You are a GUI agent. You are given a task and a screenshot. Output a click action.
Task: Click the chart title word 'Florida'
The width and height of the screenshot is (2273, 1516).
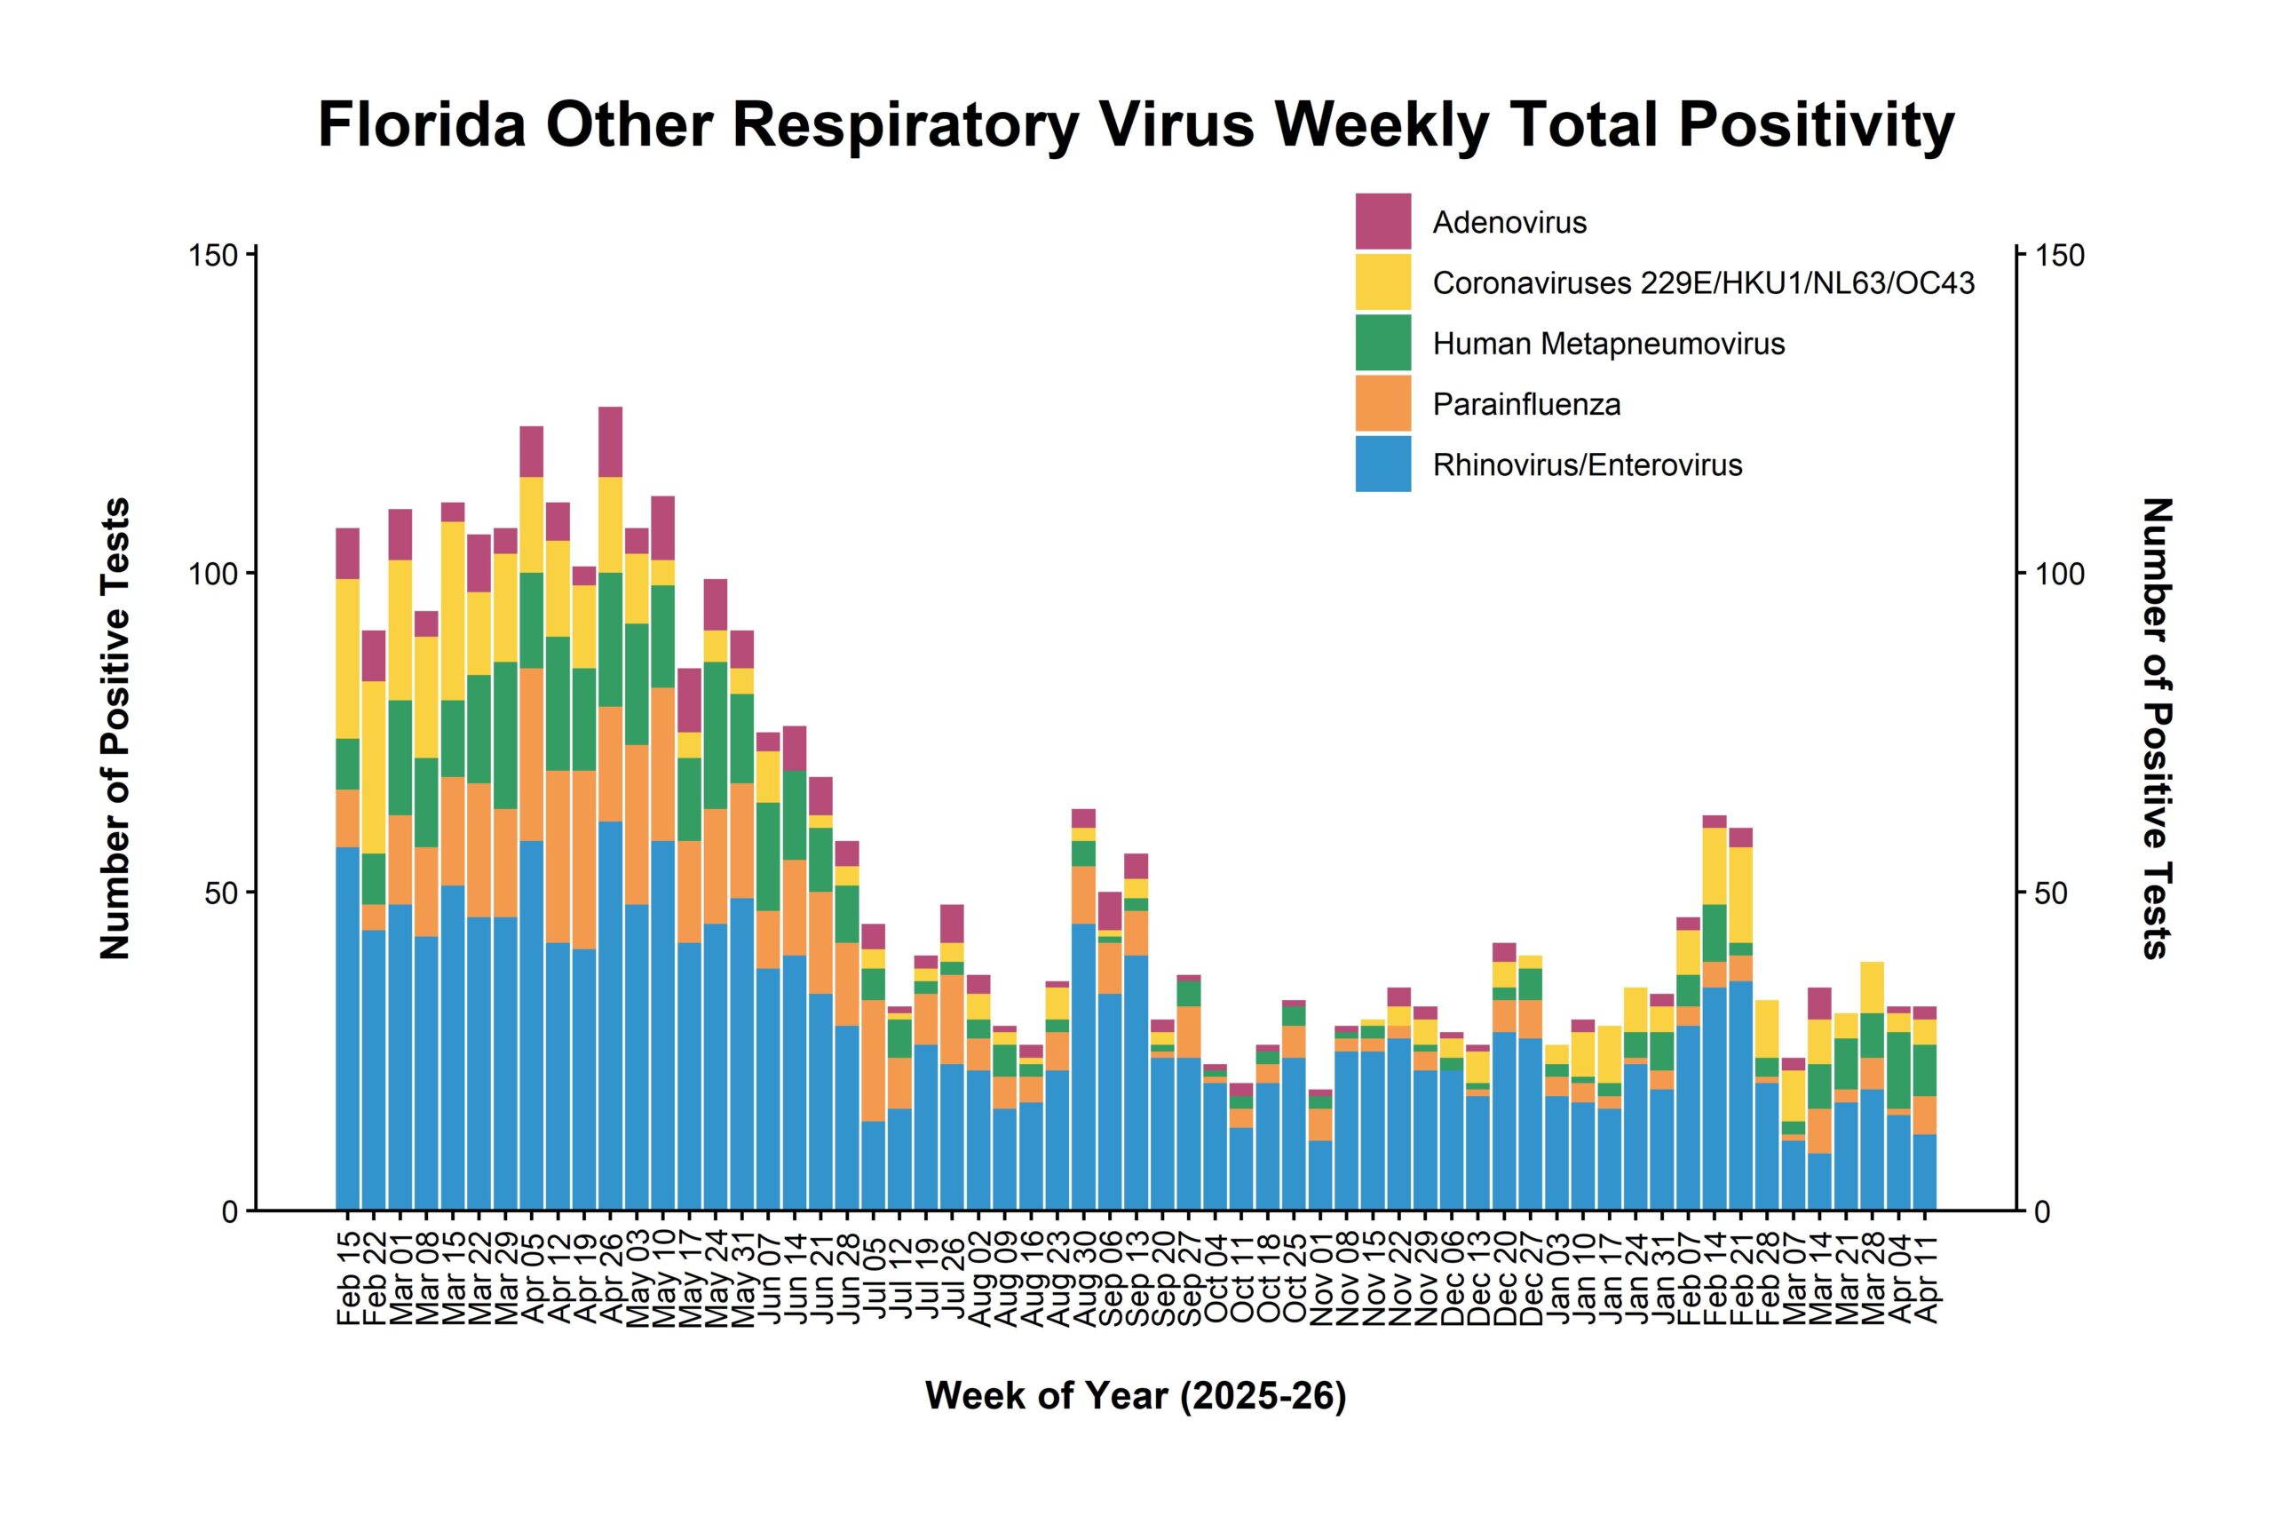coord(422,126)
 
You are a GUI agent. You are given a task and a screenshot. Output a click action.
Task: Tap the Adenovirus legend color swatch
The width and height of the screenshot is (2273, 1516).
coord(1383,221)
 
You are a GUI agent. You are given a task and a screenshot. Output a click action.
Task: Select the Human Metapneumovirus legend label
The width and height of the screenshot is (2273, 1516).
coord(1608,345)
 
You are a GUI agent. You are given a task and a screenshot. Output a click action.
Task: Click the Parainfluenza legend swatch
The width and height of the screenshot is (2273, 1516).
coord(1383,403)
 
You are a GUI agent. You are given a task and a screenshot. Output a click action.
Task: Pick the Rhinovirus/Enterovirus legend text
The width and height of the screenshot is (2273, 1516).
coord(1587,465)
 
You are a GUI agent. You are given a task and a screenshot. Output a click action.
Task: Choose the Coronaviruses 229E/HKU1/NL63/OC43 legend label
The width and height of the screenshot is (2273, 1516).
coord(1703,283)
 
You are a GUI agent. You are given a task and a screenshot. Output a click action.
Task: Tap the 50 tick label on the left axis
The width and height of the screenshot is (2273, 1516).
coord(221,893)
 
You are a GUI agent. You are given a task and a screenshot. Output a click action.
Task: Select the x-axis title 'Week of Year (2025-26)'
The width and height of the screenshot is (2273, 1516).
coord(1136,1395)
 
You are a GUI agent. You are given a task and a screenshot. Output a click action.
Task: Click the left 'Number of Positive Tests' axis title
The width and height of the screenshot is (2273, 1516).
coord(116,728)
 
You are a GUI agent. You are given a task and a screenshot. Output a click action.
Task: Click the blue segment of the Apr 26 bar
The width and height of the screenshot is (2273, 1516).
coord(610,1015)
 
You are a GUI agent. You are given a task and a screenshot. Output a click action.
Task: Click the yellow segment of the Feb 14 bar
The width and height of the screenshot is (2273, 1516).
coord(1715,865)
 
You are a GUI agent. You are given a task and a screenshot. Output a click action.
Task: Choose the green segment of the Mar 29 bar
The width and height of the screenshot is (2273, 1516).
coord(505,734)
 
